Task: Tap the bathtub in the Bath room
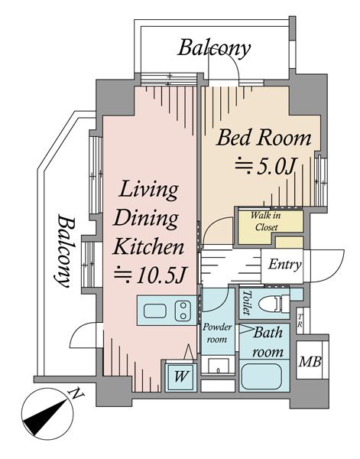pos(263,376)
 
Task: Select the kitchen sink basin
pos(155,311)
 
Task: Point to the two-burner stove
pos(183,311)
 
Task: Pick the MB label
pos(310,362)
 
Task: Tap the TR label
pos(300,321)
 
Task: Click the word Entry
pos(285,265)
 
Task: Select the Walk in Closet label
pos(266,222)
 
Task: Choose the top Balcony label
pos(214,47)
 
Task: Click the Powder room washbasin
pos(219,366)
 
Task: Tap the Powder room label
pos(217,333)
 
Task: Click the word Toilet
pos(247,303)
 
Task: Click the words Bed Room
pos(263,138)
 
